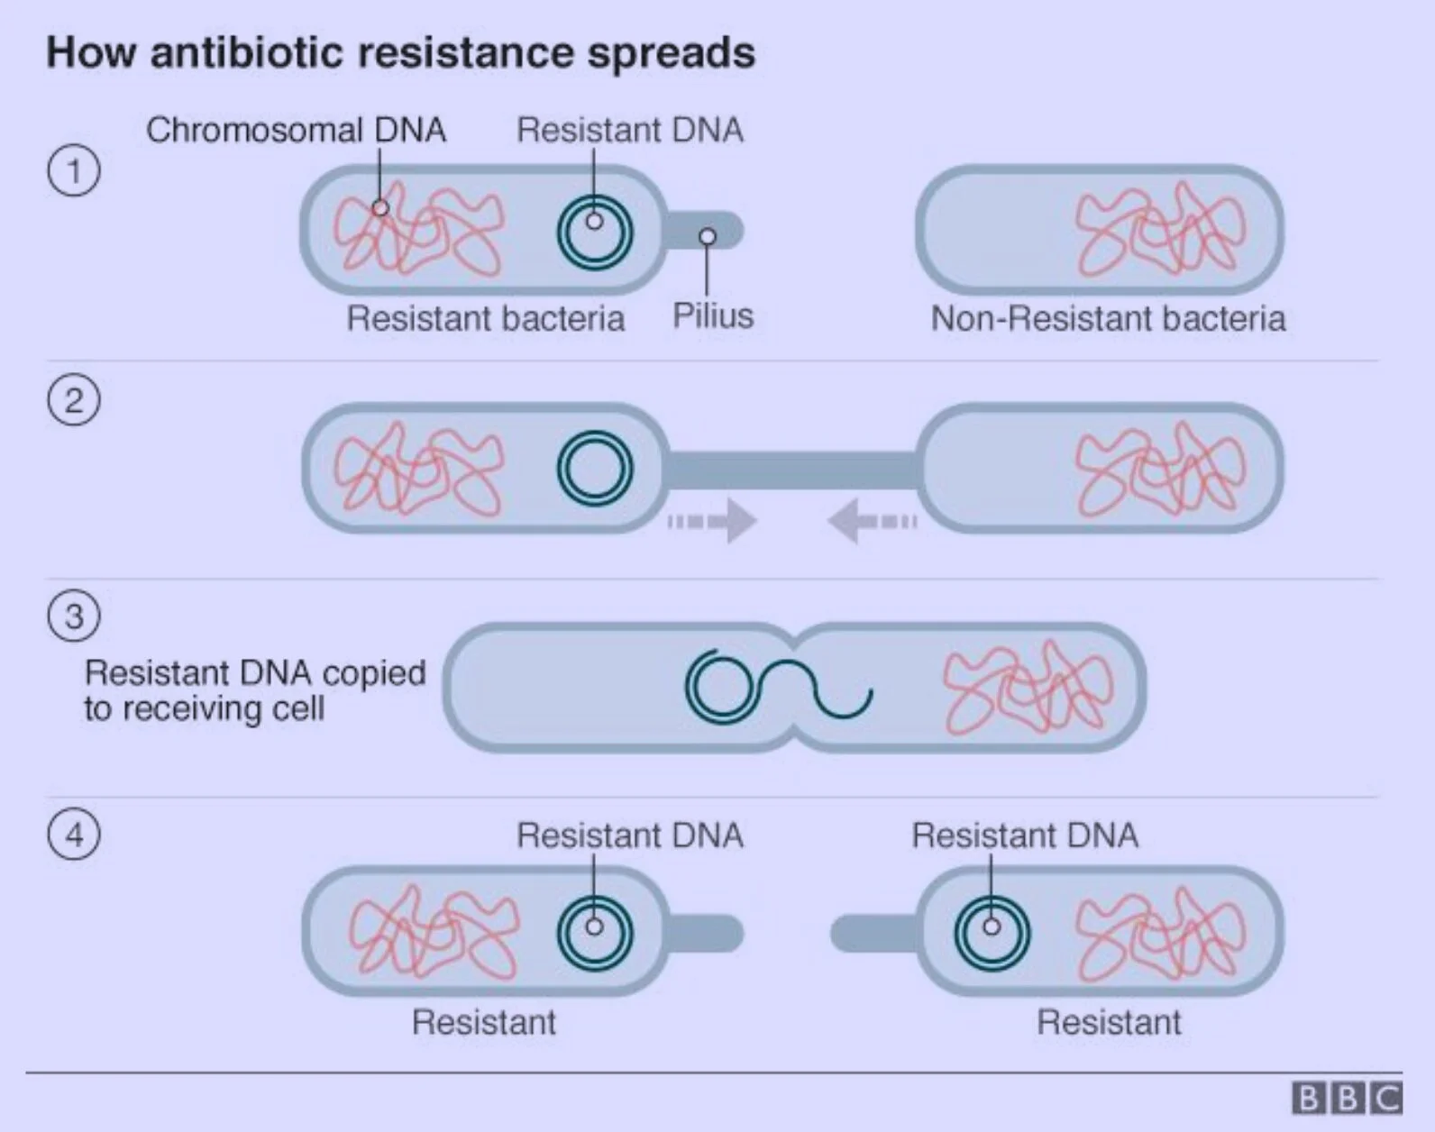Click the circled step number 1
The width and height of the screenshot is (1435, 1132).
click(x=74, y=170)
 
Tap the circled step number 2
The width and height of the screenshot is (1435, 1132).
click(x=74, y=400)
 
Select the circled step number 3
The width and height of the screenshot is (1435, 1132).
click(x=74, y=616)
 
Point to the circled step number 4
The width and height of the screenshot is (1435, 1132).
click(x=74, y=834)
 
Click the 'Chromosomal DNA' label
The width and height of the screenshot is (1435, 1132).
click(x=296, y=130)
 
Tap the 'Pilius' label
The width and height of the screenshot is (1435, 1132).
click(x=713, y=316)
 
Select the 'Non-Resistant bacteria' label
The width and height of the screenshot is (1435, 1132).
click(x=1108, y=318)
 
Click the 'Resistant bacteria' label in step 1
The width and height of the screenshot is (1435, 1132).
click(x=485, y=318)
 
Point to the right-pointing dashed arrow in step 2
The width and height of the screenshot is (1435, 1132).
click(x=713, y=521)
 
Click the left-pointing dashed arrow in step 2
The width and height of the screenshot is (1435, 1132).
click(x=872, y=521)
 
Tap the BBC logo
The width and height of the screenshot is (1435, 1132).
click(x=1347, y=1099)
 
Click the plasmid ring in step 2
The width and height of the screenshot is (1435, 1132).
click(x=595, y=469)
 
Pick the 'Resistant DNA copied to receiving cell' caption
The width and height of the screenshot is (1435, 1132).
click(x=254, y=690)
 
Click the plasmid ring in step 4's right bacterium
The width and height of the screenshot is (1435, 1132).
click(x=992, y=932)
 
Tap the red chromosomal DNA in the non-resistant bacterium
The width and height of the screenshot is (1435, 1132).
click(x=1161, y=229)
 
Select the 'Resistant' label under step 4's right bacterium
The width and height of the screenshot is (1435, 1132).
click(x=1108, y=1022)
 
